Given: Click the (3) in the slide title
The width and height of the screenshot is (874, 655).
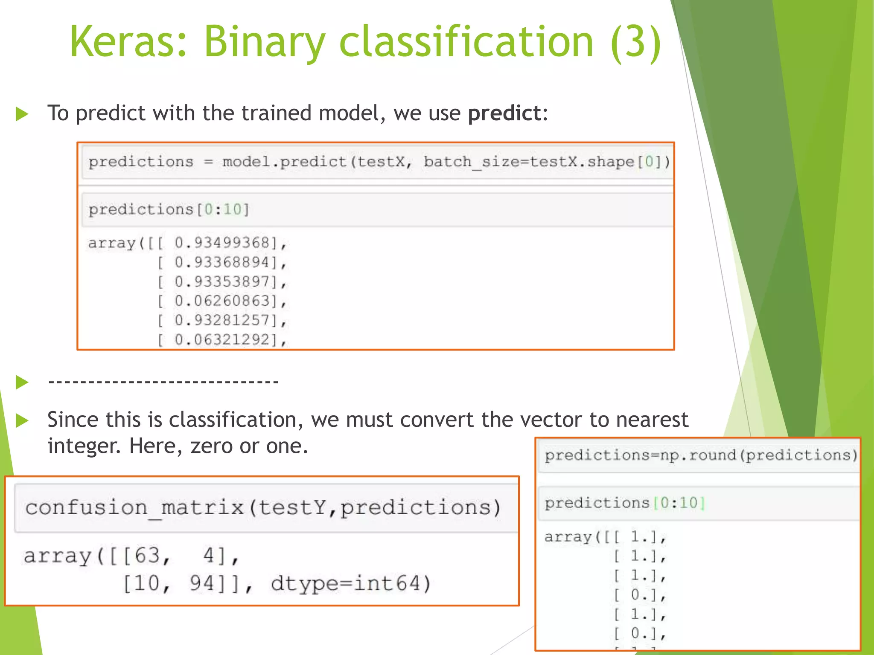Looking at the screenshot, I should [636, 41].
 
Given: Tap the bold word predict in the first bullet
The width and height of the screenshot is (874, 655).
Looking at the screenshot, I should [504, 113].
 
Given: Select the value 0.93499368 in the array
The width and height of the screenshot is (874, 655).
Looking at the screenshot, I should [222, 243].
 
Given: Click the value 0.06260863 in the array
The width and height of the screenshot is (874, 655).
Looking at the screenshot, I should [222, 301].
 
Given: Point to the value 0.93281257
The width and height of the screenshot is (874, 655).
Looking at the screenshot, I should [222, 320].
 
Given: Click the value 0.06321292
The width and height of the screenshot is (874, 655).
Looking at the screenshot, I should [222, 339].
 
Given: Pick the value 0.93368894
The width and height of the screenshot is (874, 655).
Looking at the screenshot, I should [222, 262].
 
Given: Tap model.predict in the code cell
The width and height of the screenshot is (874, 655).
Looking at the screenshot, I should [284, 162].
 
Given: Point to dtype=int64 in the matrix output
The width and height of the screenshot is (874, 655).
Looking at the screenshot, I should [350, 583].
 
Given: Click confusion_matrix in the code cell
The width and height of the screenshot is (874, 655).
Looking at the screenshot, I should [134, 508].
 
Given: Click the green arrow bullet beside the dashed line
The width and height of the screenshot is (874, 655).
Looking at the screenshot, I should [22, 382].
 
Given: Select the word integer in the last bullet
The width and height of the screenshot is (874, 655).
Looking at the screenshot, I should [82, 446].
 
